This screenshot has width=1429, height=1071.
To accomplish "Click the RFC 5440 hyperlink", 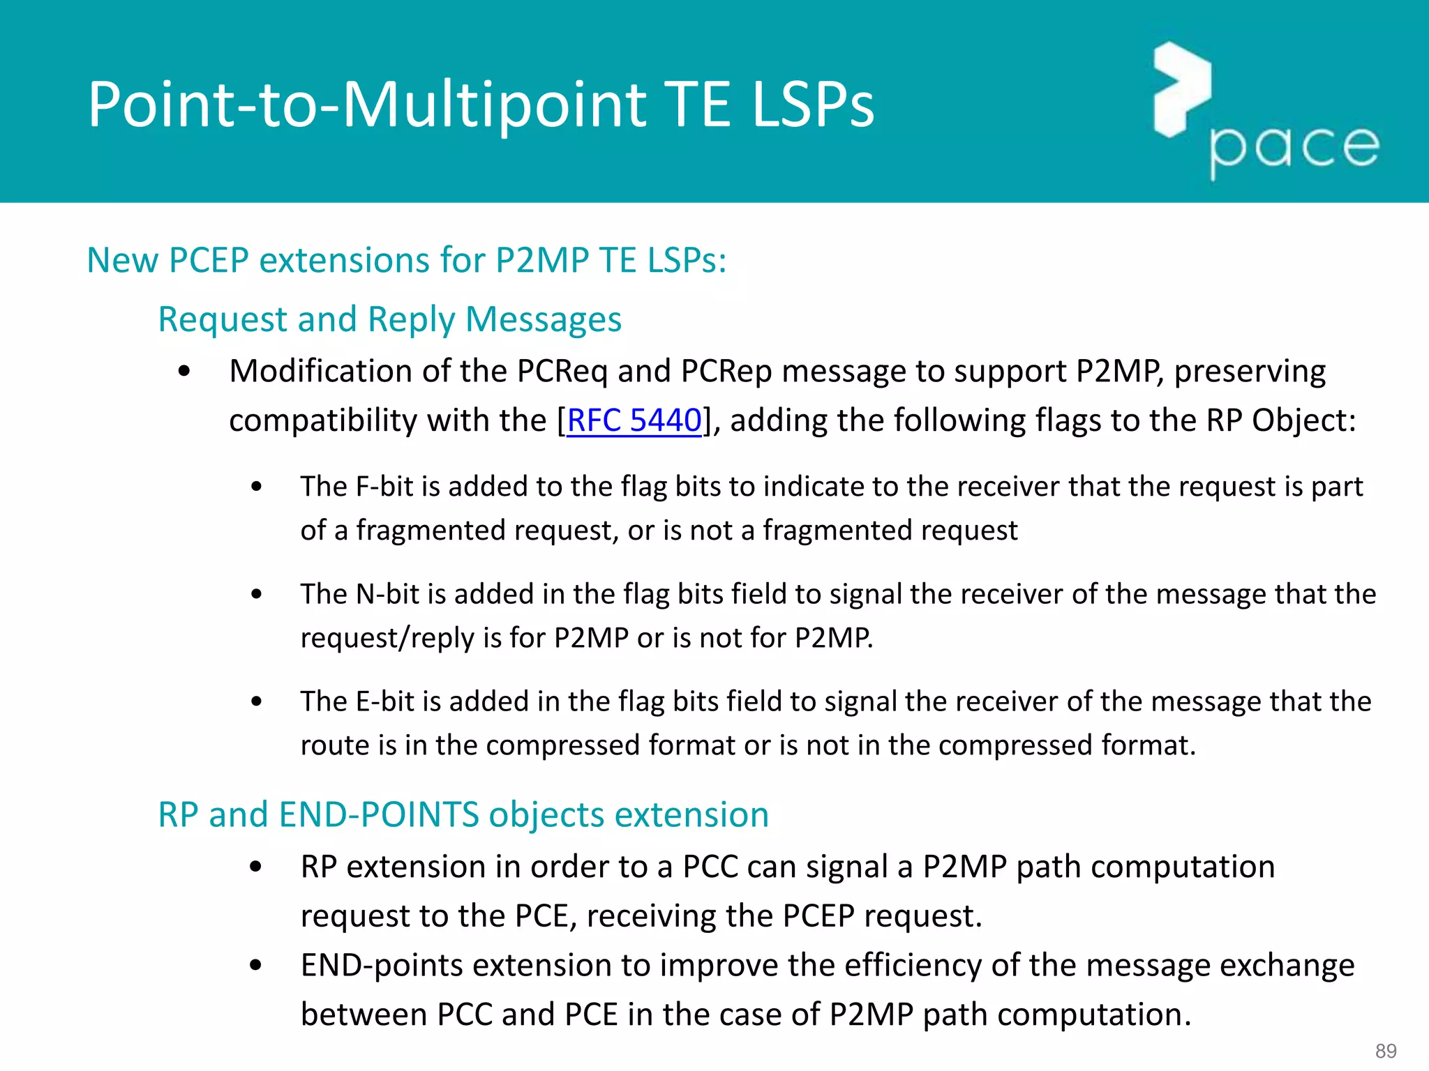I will coord(634,420).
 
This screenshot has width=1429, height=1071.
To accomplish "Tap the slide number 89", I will coord(1386,1051).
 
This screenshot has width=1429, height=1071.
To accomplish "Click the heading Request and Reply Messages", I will coord(389,319).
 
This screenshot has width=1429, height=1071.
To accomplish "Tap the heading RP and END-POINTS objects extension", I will coord(463,814).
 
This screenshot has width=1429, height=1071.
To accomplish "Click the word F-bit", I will coord(384,486).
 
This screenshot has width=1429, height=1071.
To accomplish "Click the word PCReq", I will coord(562,371).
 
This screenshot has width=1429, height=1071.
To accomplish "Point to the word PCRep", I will coord(726,371).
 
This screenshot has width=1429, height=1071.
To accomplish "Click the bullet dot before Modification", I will coord(184,372).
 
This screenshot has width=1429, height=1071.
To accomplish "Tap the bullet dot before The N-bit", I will coord(257,595).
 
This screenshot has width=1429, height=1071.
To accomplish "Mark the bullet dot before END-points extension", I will coord(256,966).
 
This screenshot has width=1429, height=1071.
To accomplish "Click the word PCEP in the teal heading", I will coord(209,260).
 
